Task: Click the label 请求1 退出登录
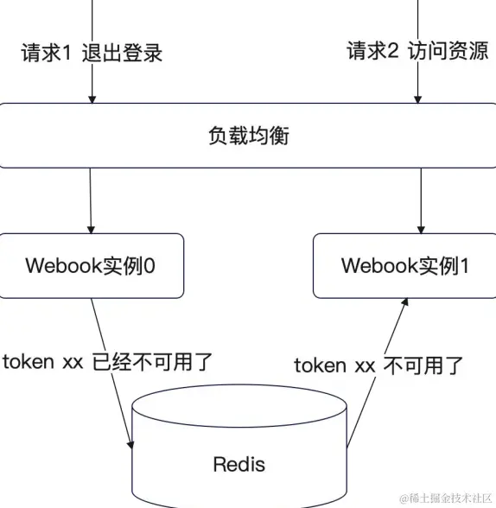[92, 53]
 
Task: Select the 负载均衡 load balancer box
[248, 136]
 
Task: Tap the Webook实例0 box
[92, 265]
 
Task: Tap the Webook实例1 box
[404, 265]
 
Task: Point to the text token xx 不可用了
[378, 365]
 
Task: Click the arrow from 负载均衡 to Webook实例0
[90, 200]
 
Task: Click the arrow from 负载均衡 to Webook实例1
[420, 200]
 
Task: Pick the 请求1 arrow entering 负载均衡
[90, 82]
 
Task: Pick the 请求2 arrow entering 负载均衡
[418, 82]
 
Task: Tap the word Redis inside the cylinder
[239, 464]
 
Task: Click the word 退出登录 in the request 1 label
[122, 53]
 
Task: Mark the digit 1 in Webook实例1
[463, 265]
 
